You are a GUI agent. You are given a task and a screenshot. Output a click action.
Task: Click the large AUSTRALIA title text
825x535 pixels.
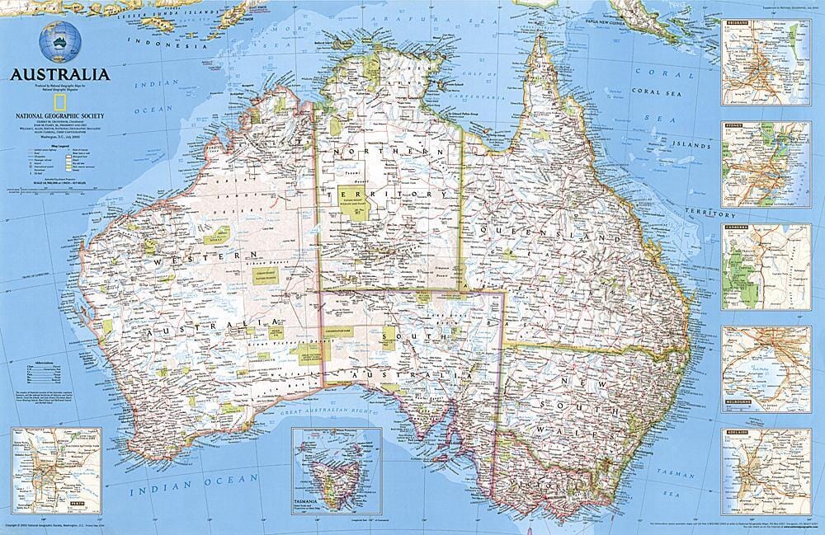(59, 74)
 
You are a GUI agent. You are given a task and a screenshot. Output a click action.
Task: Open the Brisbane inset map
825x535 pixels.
(766, 62)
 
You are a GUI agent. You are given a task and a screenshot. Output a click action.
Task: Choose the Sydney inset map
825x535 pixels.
(766, 164)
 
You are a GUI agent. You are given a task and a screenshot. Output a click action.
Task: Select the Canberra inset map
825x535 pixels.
(766, 266)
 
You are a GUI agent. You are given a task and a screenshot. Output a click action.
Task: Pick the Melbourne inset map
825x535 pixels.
(766, 368)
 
